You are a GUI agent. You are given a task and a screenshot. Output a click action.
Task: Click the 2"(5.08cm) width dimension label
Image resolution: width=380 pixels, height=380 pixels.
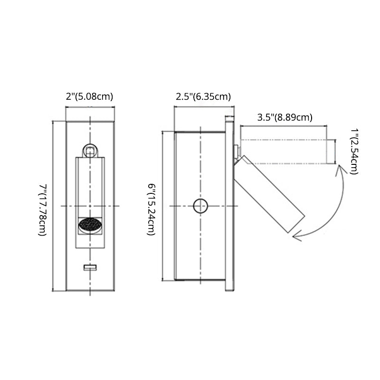pyautogui.click(x=90, y=97)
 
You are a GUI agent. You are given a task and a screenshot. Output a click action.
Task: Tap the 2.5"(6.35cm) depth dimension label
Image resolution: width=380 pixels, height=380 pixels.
pyautogui.click(x=203, y=97)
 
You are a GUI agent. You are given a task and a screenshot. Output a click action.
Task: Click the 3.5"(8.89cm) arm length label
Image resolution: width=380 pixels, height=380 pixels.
pyautogui.click(x=285, y=117)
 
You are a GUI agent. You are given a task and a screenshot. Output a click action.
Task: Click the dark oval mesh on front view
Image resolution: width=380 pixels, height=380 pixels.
pyautogui.click(x=90, y=225)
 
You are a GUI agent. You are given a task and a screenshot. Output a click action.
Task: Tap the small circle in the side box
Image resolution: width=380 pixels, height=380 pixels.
pyautogui.click(x=200, y=206)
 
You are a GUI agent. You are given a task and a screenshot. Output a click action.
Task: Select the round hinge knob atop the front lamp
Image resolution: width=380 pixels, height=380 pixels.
pyautogui.click(x=90, y=151)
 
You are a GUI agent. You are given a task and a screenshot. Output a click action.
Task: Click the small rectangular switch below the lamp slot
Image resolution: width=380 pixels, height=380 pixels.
pyautogui.click(x=90, y=268)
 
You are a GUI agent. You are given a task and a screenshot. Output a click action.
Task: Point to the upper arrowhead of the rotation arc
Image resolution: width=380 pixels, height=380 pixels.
pyautogui.click(x=339, y=167)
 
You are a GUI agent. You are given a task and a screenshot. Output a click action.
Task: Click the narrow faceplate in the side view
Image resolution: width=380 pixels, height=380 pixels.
pyautogui.click(x=229, y=204)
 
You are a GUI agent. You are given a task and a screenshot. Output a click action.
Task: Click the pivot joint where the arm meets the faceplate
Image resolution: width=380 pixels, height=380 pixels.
pyautogui.click(x=236, y=152)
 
